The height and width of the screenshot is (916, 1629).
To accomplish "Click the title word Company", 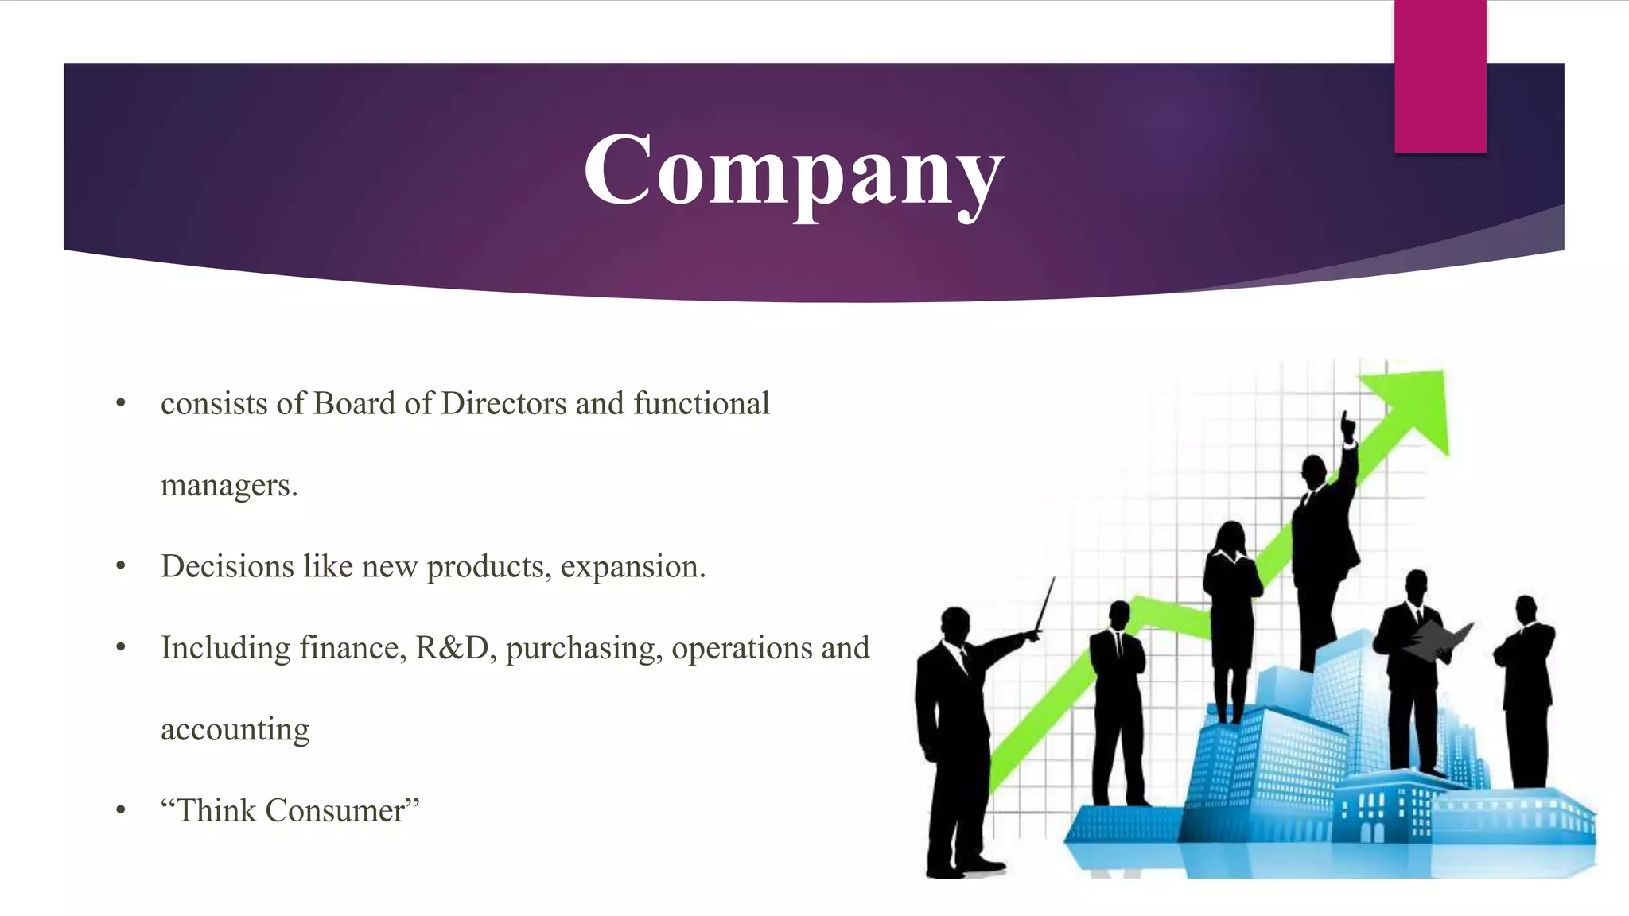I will [793, 171].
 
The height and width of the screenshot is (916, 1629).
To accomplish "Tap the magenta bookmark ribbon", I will [1440, 76].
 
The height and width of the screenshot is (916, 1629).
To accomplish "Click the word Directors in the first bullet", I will [503, 404].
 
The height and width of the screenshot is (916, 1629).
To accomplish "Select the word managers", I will [228, 486].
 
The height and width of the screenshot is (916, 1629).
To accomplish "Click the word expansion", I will [632, 568].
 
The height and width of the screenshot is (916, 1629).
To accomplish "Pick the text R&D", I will [452, 648].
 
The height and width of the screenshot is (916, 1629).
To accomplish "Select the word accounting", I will [235, 730].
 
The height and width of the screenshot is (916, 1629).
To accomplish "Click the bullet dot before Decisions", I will [121, 567].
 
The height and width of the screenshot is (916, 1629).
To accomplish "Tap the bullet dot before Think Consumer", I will [121, 811].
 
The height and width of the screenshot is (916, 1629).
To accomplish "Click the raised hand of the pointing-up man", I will [1347, 425].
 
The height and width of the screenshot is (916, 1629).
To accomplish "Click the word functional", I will [702, 404].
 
